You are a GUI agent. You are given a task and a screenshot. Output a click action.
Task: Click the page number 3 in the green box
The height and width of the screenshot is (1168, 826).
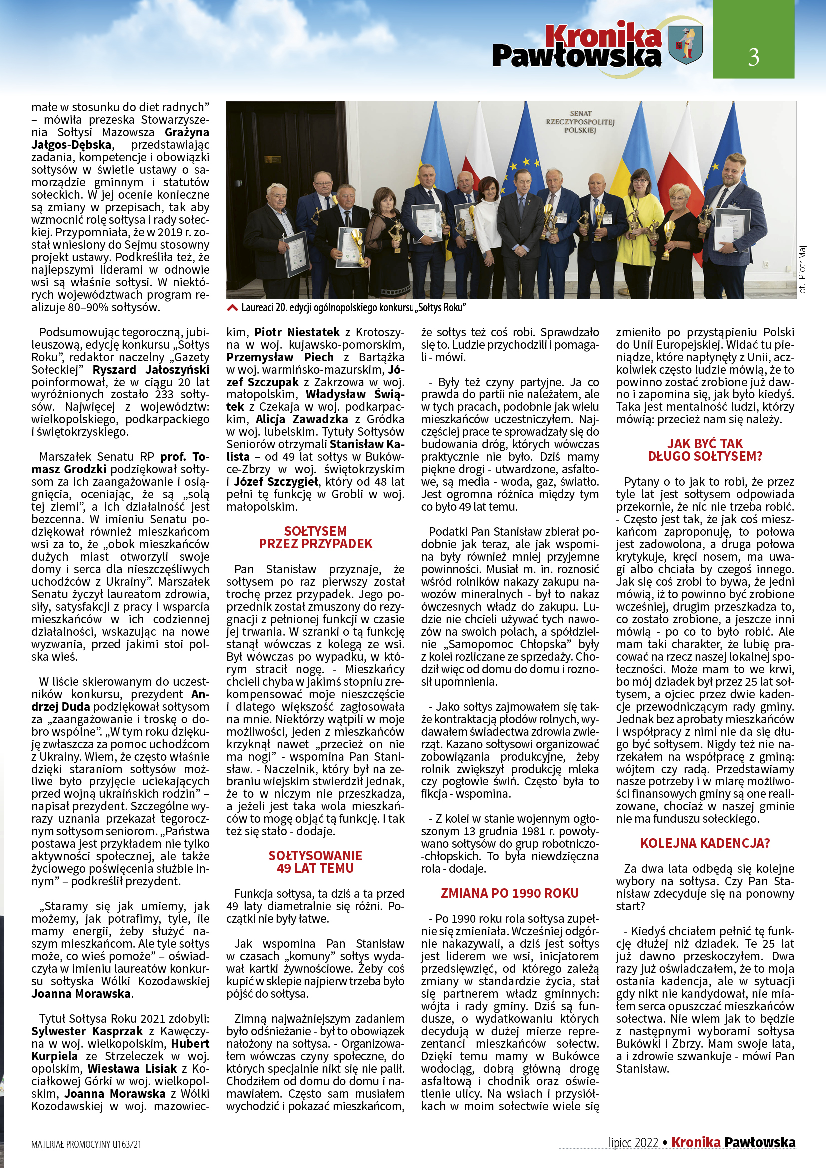(753, 57)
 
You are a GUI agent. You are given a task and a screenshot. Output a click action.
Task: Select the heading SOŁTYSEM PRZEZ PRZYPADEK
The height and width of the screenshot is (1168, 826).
(315, 538)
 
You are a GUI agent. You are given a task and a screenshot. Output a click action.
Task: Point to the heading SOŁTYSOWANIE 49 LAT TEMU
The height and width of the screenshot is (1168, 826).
(315, 862)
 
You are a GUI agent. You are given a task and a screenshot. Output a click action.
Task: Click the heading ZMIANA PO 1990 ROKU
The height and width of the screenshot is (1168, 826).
(510, 893)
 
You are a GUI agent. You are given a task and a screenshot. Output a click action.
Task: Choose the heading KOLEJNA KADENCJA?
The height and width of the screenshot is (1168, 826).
(705, 843)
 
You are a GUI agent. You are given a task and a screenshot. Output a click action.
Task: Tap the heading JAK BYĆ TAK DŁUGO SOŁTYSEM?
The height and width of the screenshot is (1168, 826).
(705, 450)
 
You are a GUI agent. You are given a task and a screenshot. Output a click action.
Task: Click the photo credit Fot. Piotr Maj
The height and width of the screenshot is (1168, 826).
(802, 271)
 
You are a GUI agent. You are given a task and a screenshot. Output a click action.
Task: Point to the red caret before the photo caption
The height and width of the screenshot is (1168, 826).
(232, 307)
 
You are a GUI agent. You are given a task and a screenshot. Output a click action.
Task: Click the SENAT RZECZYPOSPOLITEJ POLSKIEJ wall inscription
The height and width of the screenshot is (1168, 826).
(580, 122)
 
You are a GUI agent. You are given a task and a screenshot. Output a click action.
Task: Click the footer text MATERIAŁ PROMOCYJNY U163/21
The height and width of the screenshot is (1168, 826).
(86, 1144)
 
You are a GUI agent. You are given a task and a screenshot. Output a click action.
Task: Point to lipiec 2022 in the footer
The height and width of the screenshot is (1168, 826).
(633, 1143)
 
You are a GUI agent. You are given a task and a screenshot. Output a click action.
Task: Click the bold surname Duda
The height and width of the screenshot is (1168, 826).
(76, 707)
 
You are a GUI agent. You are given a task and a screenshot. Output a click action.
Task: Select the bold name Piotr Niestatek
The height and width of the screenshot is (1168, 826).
(297, 332)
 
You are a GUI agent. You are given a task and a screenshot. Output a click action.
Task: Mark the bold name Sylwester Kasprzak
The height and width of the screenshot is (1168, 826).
(87, 1031)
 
